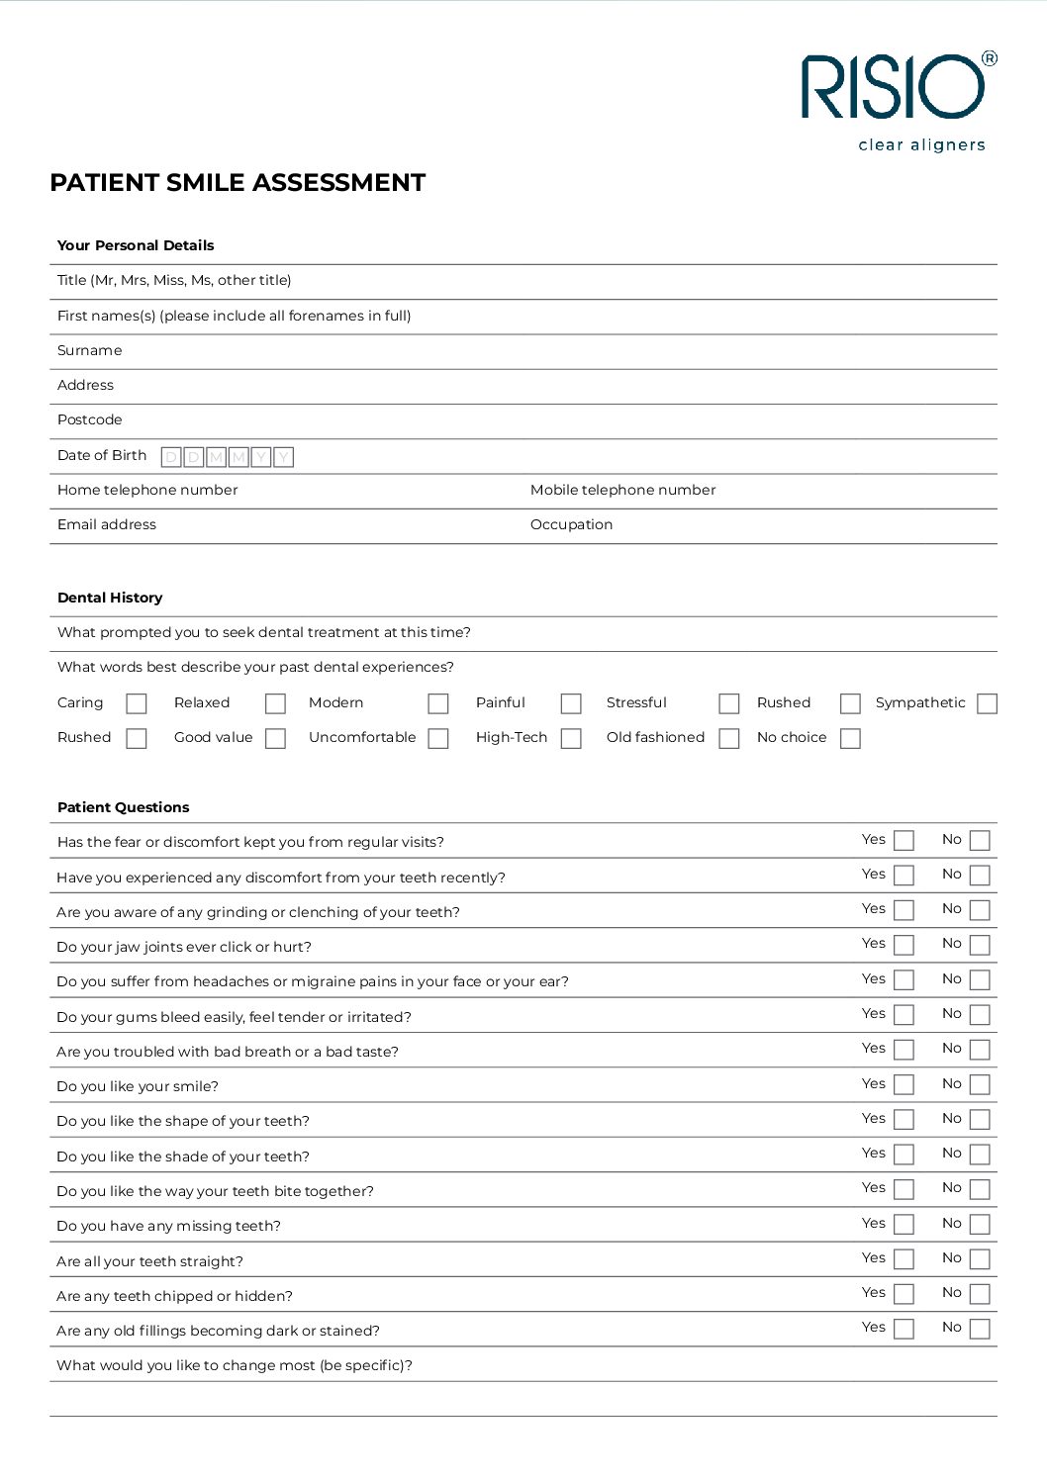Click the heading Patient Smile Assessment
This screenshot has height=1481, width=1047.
pos(238,183)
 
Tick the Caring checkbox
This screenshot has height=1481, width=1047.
pos(137,703)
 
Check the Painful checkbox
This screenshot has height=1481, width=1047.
pos(571,703)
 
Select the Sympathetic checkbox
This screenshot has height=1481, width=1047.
pos(987,703)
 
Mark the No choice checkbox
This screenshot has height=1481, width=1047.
pos(850,738)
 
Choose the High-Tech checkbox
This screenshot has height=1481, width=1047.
pos(571,738)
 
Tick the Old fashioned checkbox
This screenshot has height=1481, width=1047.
pos(729,738)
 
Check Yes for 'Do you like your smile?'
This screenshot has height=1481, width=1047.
pos(904,1084)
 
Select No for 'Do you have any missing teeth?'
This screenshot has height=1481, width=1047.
pos(980,1224)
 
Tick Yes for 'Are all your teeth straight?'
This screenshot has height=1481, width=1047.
pos(904,1258)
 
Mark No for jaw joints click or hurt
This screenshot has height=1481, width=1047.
pos(980,945)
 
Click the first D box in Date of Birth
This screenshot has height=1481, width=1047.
pos(171,457)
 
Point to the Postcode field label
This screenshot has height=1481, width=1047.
pos(90,420)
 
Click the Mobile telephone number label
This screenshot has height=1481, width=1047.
pos(622,490)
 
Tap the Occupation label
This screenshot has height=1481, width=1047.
pos(571,524)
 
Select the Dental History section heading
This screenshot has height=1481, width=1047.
pos(110,598)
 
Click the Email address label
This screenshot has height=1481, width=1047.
pos(107,524)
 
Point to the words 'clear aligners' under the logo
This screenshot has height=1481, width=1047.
pos(921,145)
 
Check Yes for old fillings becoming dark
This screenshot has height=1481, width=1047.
pos(904,1329)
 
